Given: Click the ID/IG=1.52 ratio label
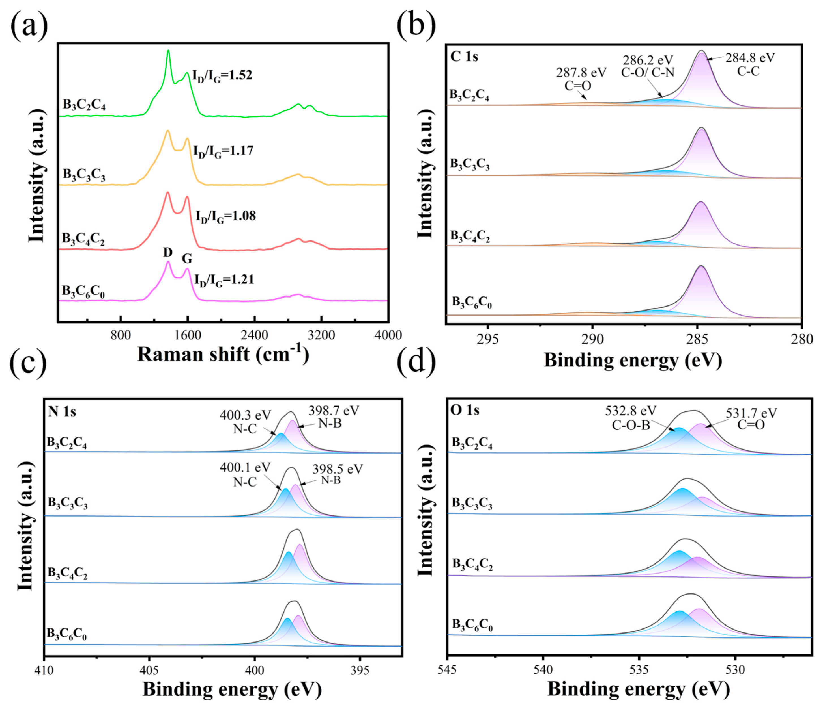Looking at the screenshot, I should coord(222,75).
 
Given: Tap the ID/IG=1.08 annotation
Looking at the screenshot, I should coord(225,216).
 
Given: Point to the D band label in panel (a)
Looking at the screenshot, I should coord(167,252).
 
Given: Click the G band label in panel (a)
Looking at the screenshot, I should coord(187,259).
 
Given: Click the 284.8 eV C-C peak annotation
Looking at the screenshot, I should coord(749,64).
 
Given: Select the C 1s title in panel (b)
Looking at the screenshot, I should coord(464,57).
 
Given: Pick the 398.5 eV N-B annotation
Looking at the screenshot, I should coord(337,474).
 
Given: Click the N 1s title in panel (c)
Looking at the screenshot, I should coord(62,411).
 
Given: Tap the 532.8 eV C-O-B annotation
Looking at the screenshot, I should coord(630,418).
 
